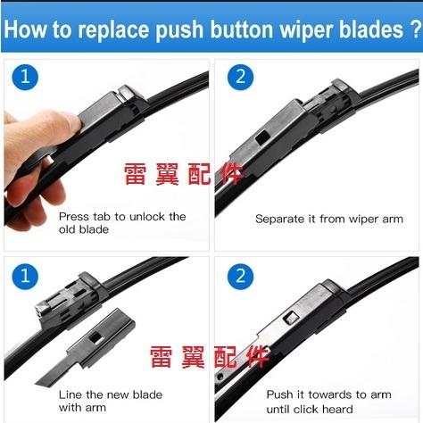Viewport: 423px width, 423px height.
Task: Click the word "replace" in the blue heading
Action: pyautogui.click(x=113, y=30)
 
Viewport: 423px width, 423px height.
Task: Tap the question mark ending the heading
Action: pyautogui.click(x=417, y=29)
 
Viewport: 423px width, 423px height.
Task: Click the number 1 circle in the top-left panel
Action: pyautogui.click(x=25, y=77)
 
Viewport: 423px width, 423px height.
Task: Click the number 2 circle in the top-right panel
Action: pyautogui.click(x=240, y=77)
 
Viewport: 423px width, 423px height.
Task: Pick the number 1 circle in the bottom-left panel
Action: pyautogui.click(x=25, y=276)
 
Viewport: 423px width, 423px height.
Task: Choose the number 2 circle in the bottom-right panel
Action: pyautogui.click(x=240, y=276)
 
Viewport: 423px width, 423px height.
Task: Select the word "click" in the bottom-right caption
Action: pyautogui.click(x=307, y=410)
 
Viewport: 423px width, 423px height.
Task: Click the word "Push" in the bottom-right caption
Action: pyautogui.click(x=279, y=394)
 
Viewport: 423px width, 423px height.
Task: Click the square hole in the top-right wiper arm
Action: pyautogui.click(x=262, y=138)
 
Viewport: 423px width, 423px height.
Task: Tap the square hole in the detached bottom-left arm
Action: pyautogui.click(x=95, y=337)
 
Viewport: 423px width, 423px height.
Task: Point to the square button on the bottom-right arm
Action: pyautogui.click(x=290, y=319)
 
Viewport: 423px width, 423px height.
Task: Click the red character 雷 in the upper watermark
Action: pyautogui.click(x=136, y=174)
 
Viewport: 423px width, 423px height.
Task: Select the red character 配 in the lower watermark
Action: pyautogui.click(x=226, y=356)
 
